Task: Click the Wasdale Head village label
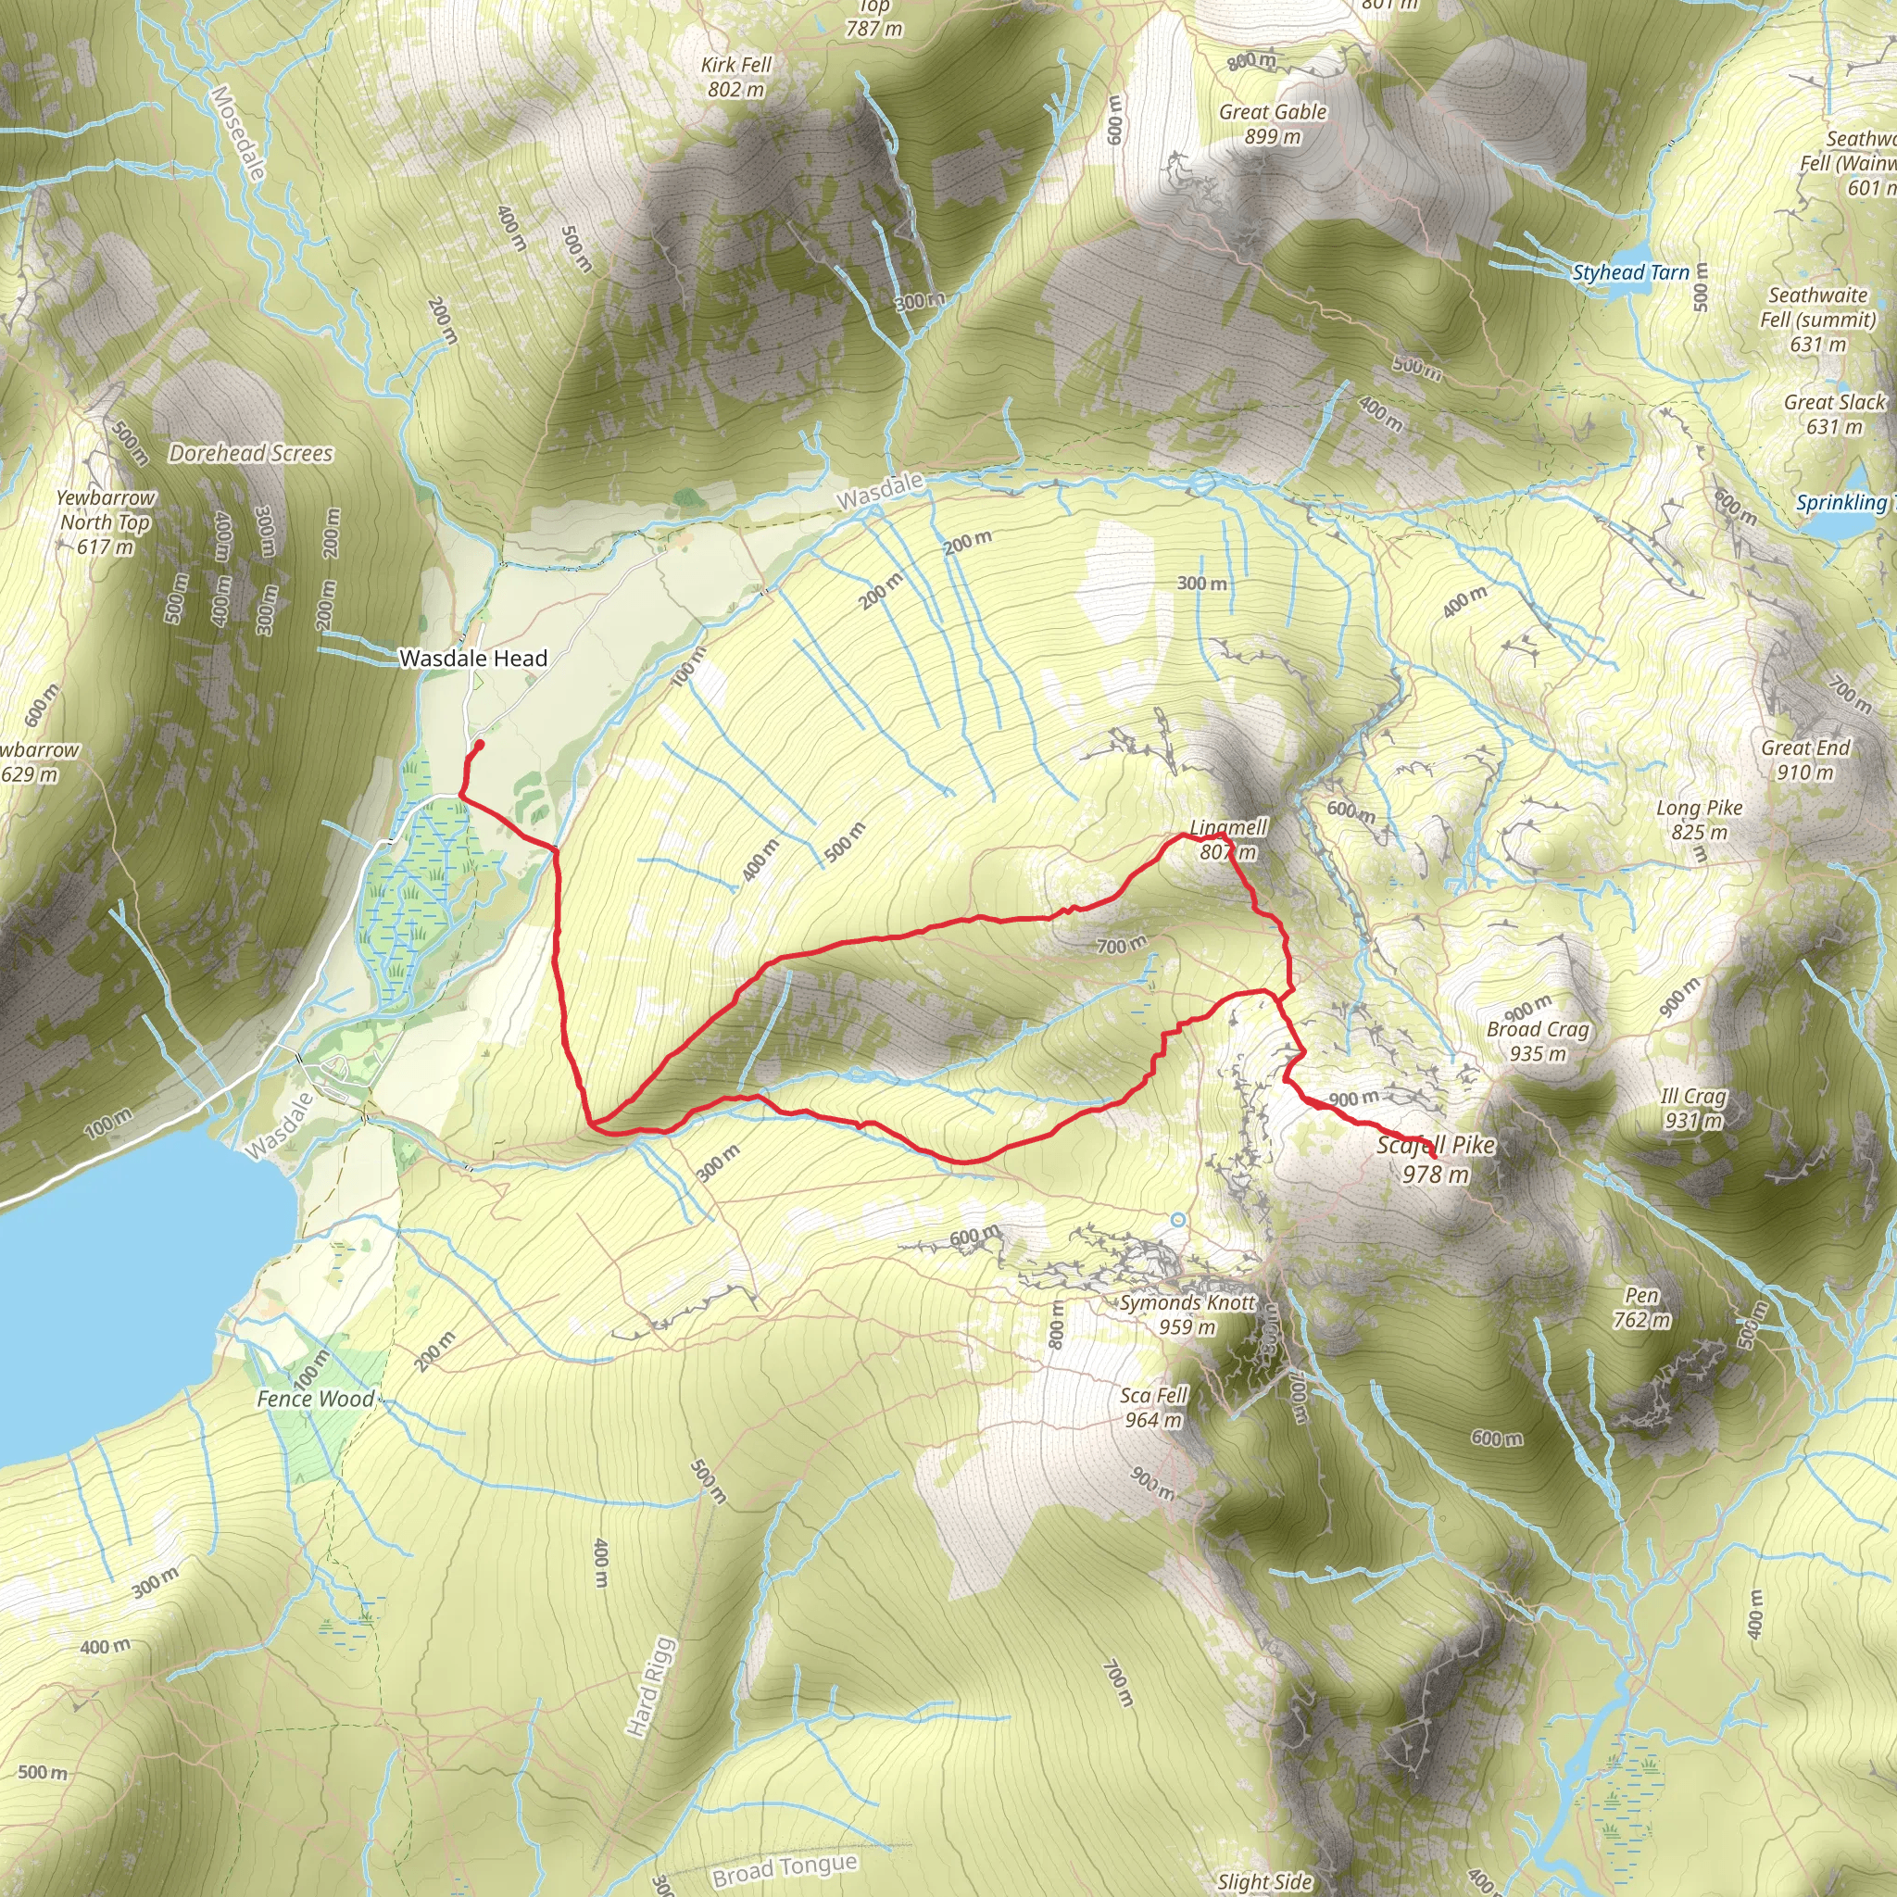tap(473, 658)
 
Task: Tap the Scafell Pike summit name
tap(1436, 1146)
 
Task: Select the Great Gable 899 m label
tap(1273, 125)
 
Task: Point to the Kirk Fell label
tap(736, 77)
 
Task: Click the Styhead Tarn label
tap(1631, 273)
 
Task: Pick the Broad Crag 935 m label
tap(1538, 1041)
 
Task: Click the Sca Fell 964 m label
tap(1155, 1407)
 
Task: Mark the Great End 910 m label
tap(1804, 760)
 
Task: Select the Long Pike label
tap(1700, 820)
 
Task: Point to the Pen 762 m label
tap(1641, 1308)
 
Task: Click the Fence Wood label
tap(315, 1400)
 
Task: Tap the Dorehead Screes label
tap(251, 454)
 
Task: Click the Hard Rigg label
tap(651, 1687)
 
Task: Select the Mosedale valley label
tap(239, 133)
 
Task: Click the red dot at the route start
tap(479, 746)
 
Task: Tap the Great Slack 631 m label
tap(1834, 414)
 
